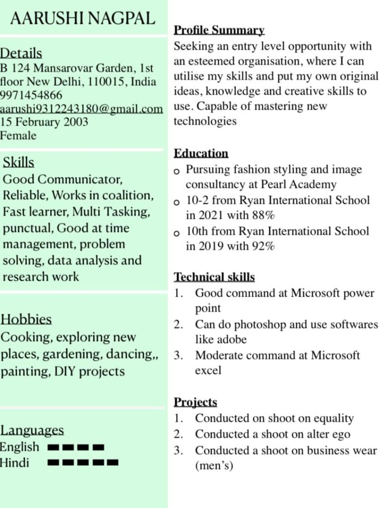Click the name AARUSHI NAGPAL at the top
82,18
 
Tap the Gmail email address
81,109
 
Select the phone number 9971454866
31,95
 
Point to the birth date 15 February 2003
44,122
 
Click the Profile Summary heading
219,30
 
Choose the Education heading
201,153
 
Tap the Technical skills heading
214,277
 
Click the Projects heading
195,402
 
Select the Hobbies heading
26,319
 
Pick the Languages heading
32,430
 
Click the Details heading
21,53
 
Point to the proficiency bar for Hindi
83,463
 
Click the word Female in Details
18,135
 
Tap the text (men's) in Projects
214,466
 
